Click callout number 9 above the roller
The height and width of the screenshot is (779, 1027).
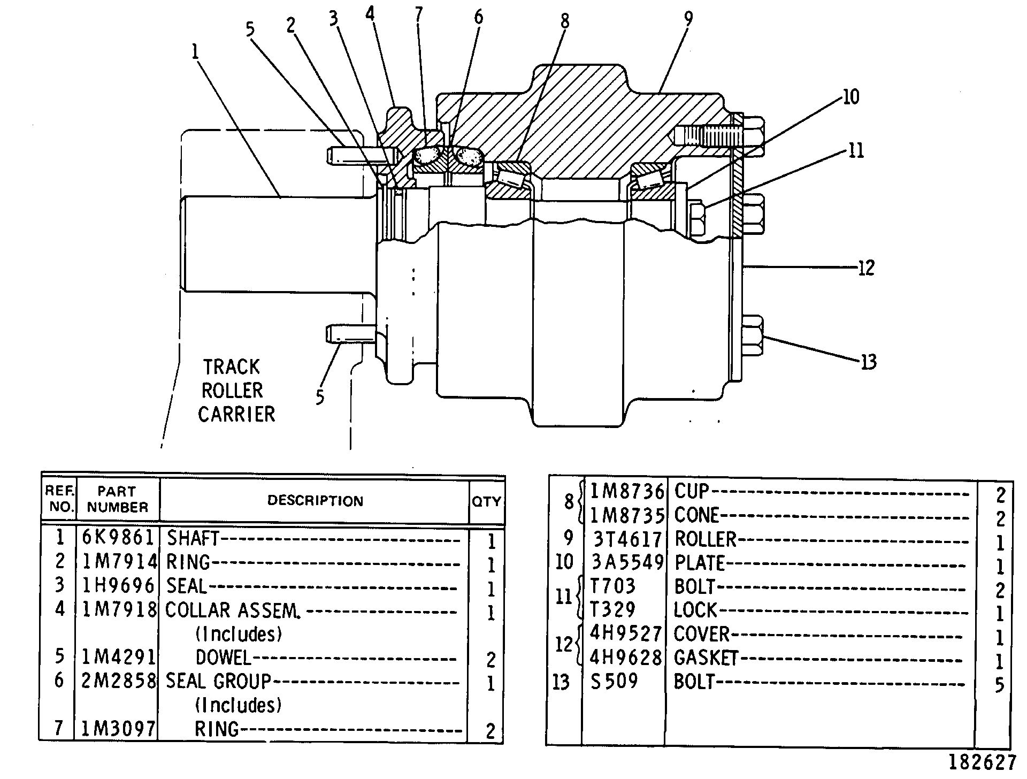688,19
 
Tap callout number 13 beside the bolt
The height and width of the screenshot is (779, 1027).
869,362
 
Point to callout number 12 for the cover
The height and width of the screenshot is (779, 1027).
866,268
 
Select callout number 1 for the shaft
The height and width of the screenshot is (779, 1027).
195,51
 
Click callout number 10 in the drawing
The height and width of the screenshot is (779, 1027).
850,97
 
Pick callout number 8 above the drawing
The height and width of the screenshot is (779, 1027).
565,21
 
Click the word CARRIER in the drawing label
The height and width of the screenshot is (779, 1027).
236,414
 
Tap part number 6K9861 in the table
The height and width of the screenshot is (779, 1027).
118,538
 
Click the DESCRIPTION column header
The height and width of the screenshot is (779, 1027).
315,501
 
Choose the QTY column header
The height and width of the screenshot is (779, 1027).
486,501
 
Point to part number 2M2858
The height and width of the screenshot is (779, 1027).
118,681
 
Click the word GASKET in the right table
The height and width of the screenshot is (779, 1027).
706,658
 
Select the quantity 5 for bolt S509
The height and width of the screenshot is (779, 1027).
1000,685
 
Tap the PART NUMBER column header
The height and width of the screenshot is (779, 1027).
118,499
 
